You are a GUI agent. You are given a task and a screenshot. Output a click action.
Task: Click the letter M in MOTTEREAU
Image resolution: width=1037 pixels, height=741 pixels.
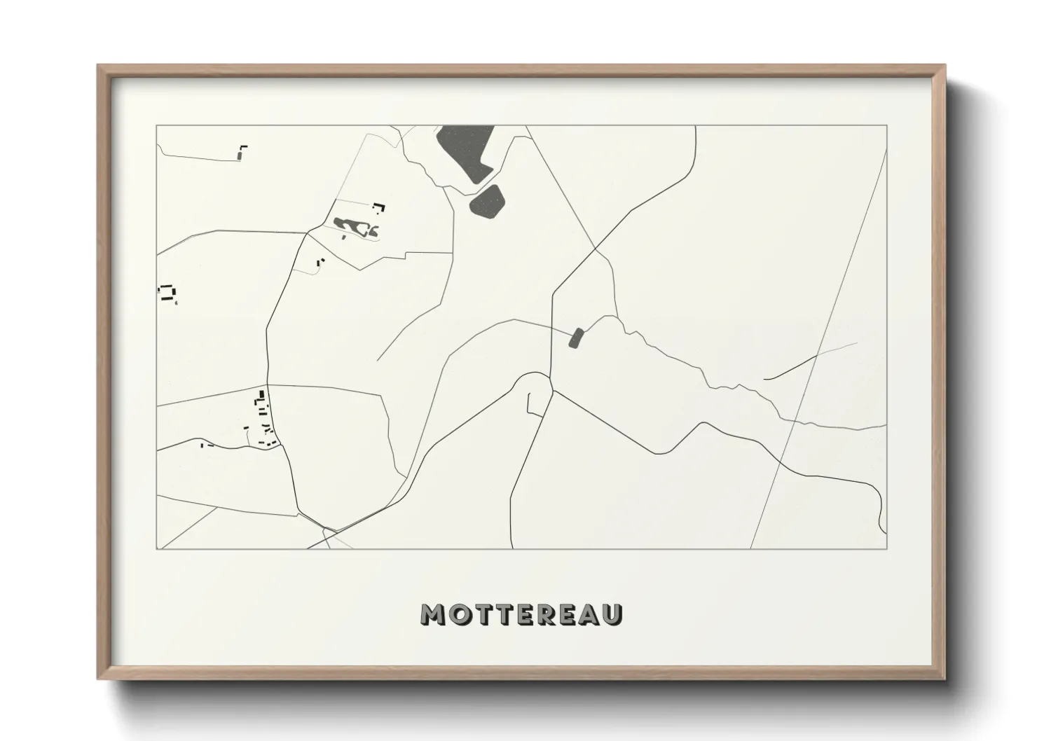pos(432,614)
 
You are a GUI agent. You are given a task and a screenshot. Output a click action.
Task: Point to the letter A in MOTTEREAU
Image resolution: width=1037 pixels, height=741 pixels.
pos(589,614)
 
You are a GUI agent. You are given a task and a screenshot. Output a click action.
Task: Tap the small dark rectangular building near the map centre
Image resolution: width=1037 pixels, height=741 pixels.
pos(576,338)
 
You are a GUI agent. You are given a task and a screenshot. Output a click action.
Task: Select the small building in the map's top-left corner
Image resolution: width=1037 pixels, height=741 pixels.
pos(242,151)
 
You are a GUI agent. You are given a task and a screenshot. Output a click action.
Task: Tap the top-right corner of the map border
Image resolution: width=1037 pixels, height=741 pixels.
pos(887,125)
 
